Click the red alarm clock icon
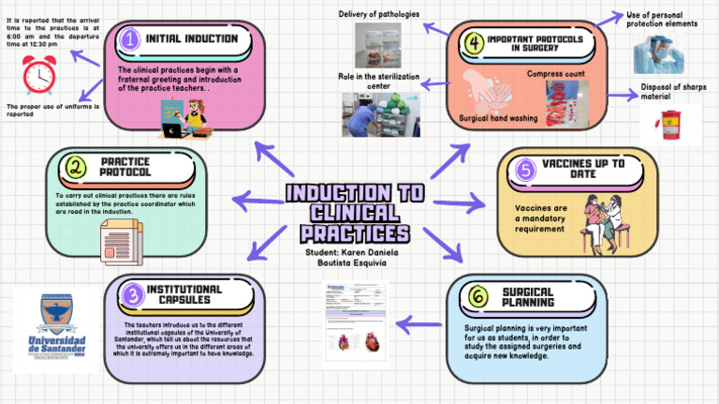pos(40,73)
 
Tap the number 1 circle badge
pos(130,38)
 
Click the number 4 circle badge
pos(475,42)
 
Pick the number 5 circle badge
pos(525,170)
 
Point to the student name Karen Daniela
pos(352,252)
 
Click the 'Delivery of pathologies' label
pos(378,13)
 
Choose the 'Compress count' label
pos(555,73)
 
